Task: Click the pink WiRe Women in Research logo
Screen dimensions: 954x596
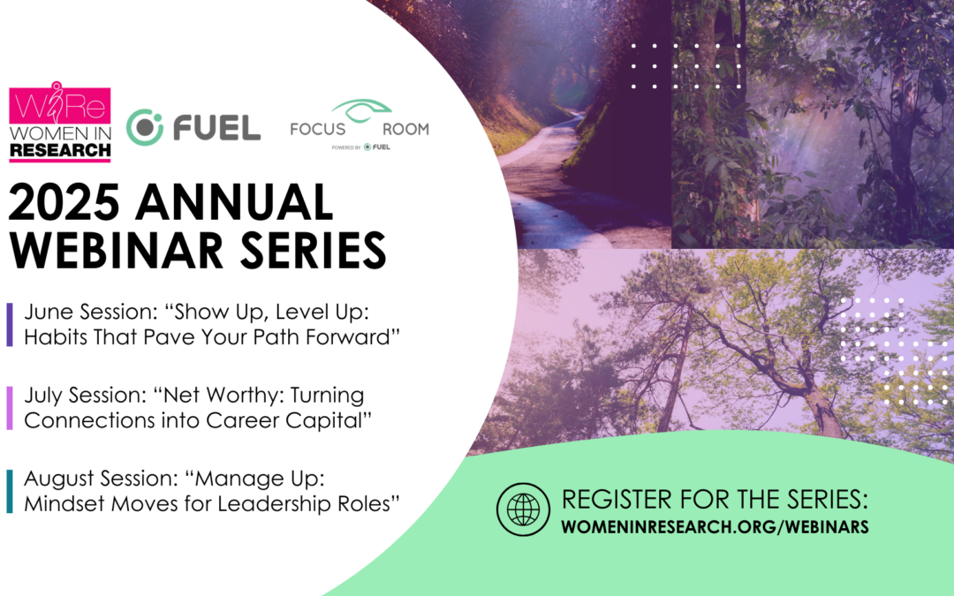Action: [x=60, y=122]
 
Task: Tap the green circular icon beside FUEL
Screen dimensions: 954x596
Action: [x=145, y=127]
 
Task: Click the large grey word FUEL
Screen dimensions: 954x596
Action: [x=216, y=128]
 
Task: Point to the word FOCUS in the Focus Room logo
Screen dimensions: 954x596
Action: [x=318, y=129]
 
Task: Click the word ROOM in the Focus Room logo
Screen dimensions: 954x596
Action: [x=405, y=129]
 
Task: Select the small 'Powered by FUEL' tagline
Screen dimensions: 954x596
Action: [x=360, y=147]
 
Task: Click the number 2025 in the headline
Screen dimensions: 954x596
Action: [x=64, y=202]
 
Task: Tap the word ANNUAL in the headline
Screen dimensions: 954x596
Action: [x=234, y=202]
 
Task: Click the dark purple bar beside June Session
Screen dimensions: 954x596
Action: [x=10, y=324]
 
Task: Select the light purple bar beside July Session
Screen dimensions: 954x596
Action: [x=10, y=407]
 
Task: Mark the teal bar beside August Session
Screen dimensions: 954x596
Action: [x=10, y=491]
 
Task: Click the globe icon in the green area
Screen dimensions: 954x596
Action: [x=523, y=509]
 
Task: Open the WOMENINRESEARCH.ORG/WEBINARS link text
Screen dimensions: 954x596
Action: [x=715, y=526]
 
